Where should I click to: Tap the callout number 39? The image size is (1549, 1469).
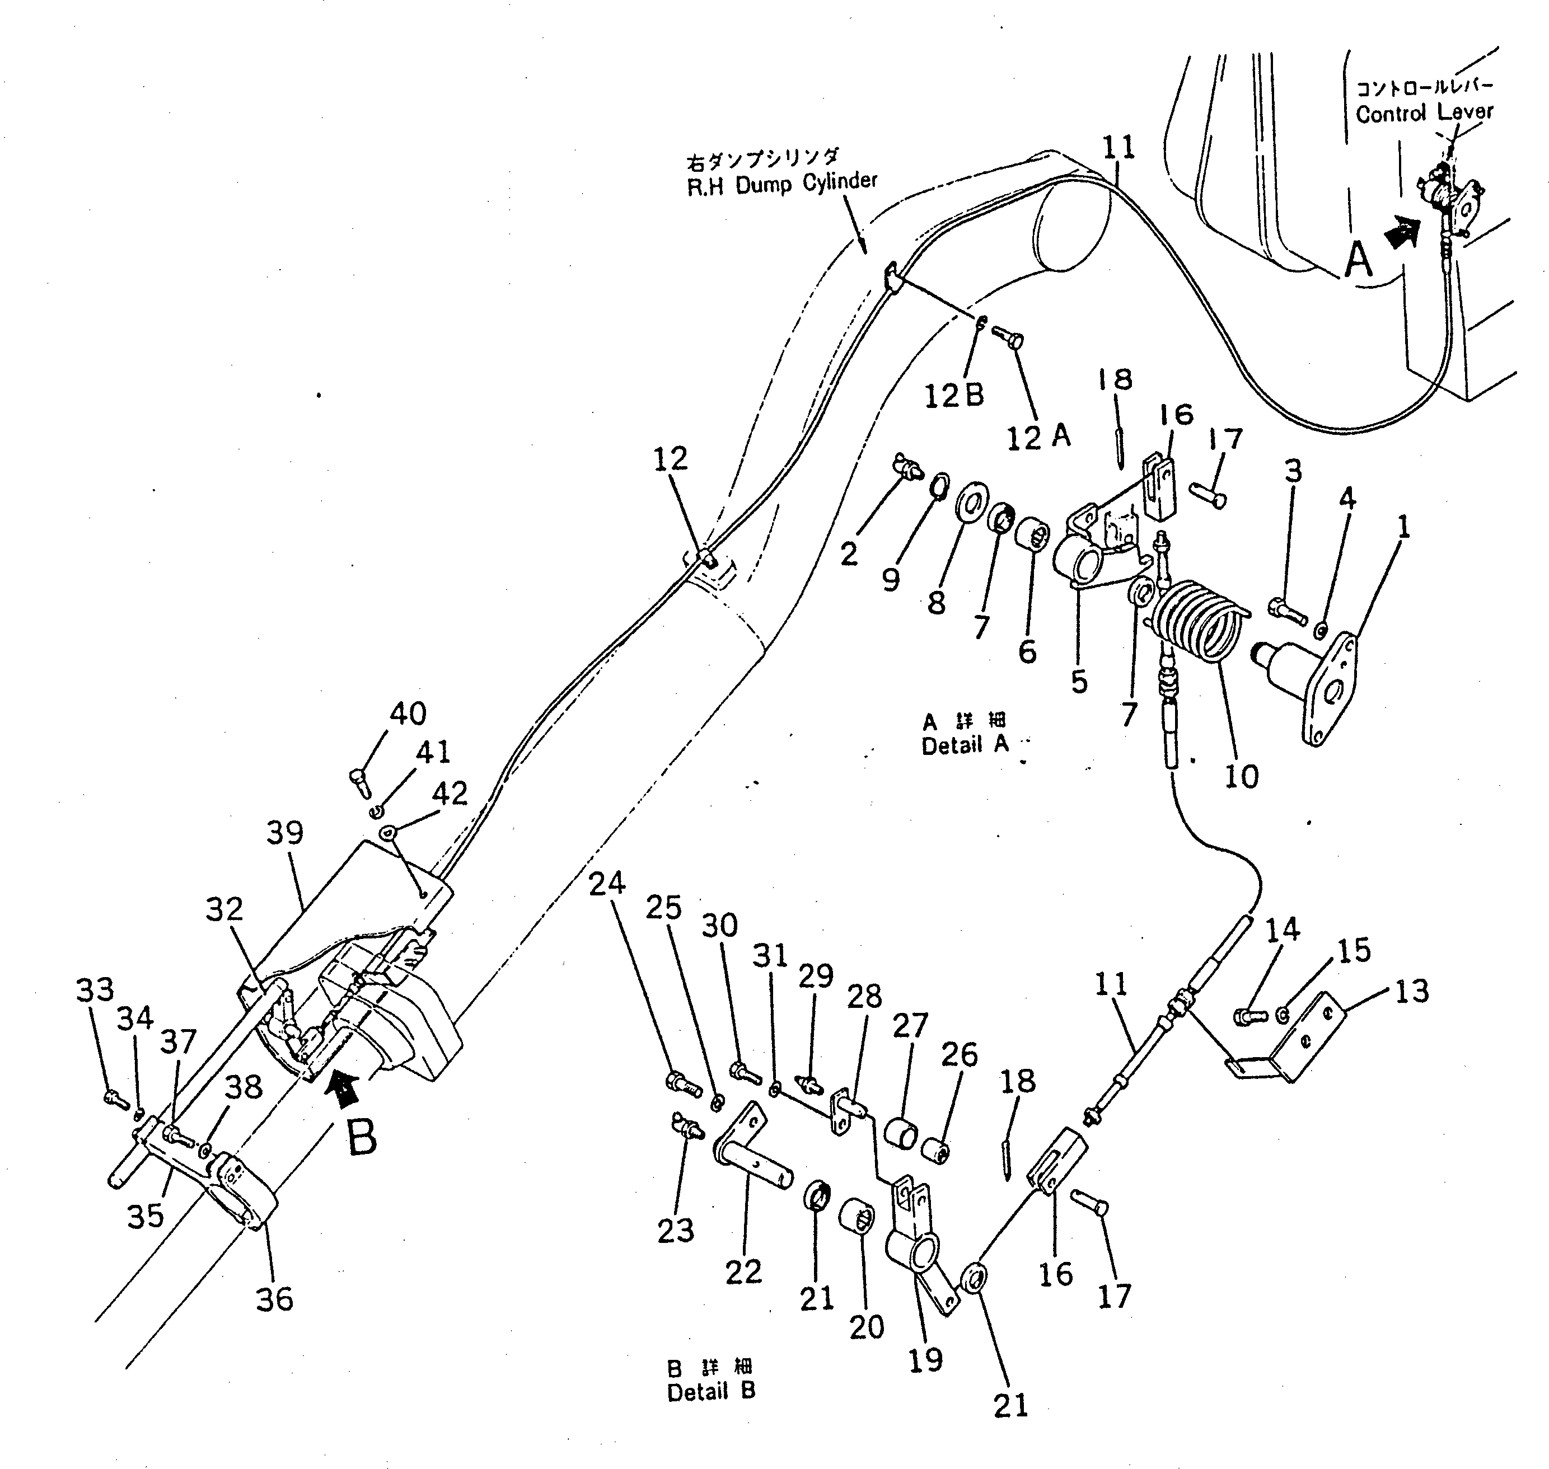tap(285, 832)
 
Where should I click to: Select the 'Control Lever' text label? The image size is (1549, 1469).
tap(1424, 112)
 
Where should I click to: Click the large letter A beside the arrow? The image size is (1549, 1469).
tap(1359, 260)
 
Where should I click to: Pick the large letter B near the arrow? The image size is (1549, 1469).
tap(361, 1137)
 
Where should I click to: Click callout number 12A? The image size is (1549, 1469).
tap(1038, 436)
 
